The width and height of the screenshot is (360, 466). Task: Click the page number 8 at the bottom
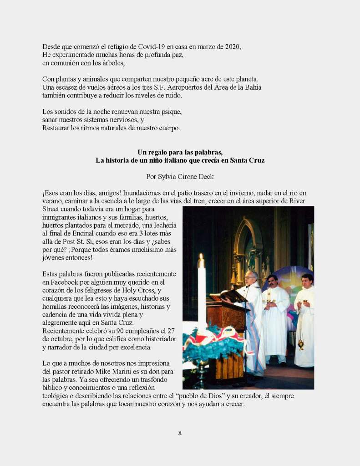coord(180,433)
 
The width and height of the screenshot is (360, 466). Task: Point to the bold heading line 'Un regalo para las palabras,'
coord(180,152)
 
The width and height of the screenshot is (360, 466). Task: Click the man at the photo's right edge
coord(305,319)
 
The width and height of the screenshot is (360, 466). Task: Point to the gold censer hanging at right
coord(301,344)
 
